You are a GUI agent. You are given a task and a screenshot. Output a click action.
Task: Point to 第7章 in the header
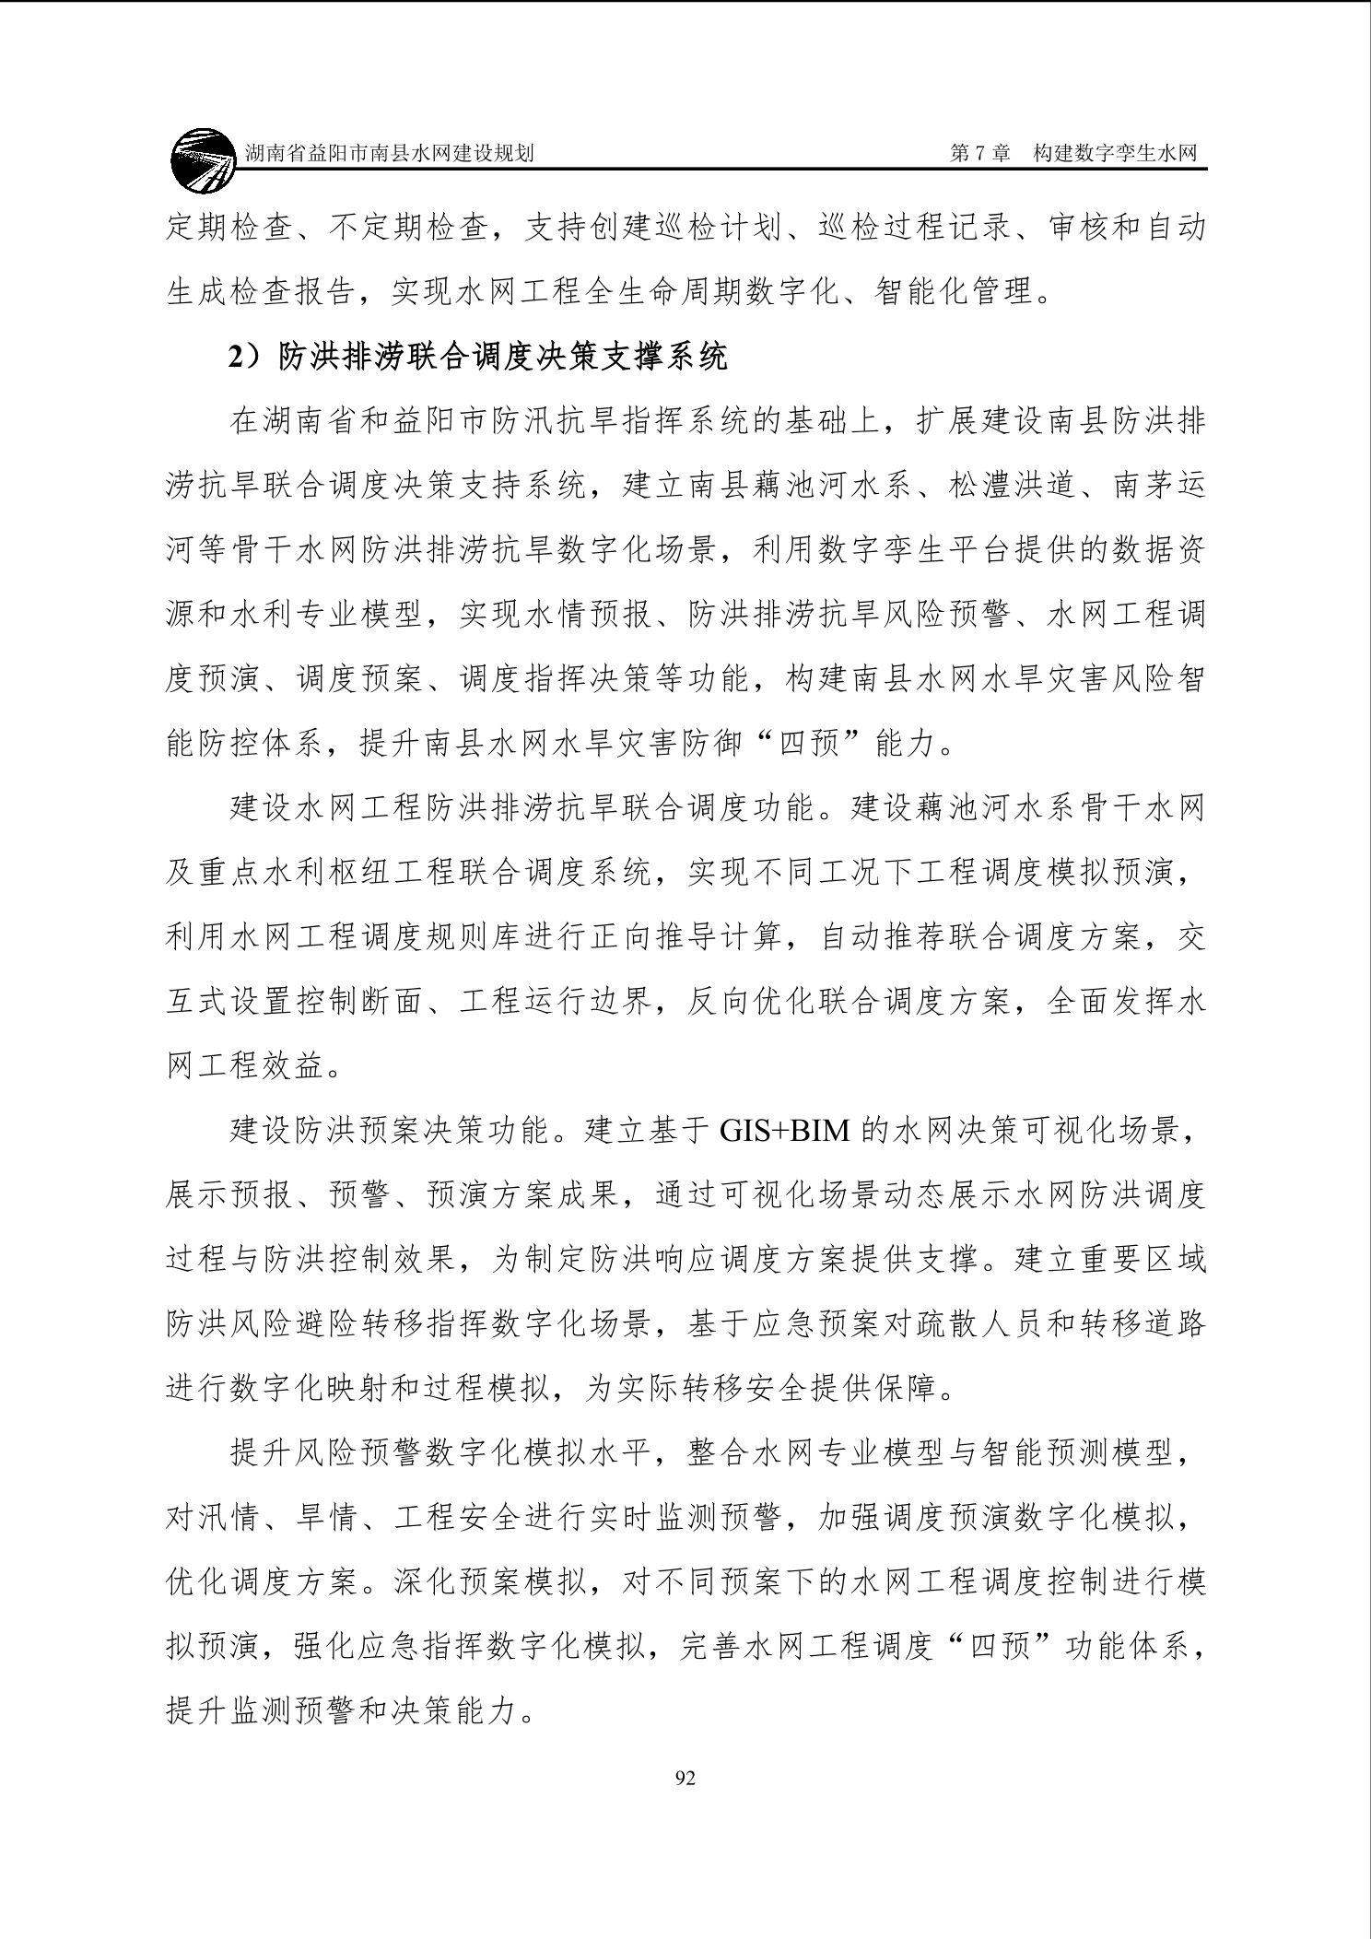coord(979,153)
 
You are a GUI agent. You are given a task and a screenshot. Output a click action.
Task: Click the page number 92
coord(685,1778)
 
